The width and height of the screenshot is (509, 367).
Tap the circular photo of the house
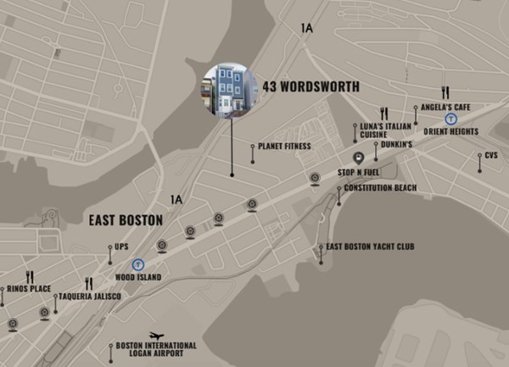tap(230, 89)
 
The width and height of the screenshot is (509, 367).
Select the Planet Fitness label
tap(284, 147)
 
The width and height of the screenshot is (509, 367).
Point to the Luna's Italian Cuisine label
tap(386, 131)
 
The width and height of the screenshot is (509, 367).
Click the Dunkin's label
tap(395, 145)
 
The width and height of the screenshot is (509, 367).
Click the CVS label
tap(491, 156)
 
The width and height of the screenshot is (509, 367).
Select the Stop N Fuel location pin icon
tap(359, 158)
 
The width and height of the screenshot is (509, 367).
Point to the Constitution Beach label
tap(380, 187)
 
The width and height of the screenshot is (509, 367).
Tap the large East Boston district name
tap(126, 220)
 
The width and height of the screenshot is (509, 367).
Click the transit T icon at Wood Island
tap(137, 264)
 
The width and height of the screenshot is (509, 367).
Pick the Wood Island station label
tap(136, 277)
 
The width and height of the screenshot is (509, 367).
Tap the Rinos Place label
tap(29, 289)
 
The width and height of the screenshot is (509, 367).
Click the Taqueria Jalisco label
tap(89, 297)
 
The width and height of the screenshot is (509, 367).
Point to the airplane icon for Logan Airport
tap(155, 336)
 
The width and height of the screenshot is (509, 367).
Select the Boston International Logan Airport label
tap(157, 349)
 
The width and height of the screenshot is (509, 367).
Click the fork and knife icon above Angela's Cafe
tap(444, 92)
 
